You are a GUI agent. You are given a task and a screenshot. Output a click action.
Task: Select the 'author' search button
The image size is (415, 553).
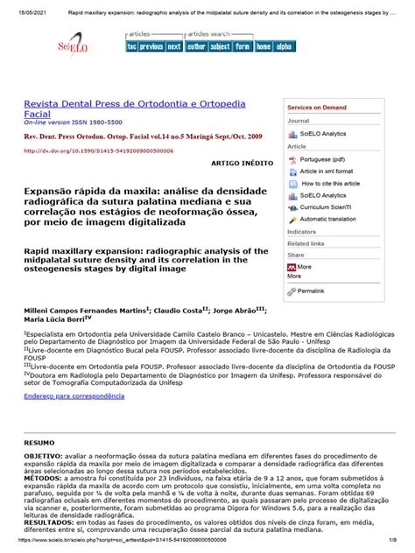coord(196,46)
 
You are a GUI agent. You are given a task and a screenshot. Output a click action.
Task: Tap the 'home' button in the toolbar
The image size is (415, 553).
coord(264,46)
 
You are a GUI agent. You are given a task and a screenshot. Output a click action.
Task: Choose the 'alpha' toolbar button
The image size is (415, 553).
coord(285,46)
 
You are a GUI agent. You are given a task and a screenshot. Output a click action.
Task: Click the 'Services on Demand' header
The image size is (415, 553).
coord(316,107)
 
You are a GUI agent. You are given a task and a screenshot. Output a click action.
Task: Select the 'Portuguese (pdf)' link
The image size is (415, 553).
coord(322,159)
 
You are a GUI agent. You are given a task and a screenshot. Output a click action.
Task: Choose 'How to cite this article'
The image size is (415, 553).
coord(330,184)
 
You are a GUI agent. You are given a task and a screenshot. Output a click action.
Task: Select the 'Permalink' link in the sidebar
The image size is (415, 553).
coord(311,290)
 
